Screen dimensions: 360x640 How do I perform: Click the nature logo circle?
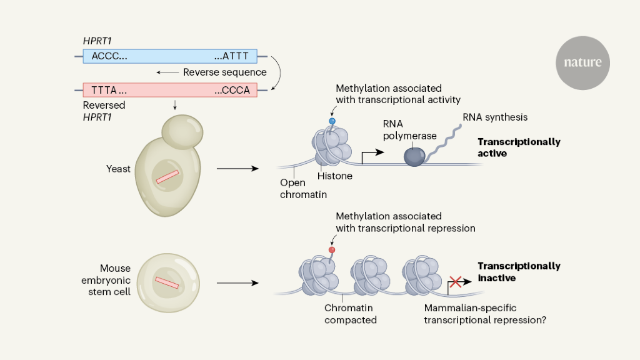[582, 62]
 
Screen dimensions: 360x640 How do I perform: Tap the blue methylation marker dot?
[332, 121]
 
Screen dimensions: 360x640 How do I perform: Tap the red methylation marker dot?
[332, 249]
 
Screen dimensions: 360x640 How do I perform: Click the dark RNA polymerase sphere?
[414, 156]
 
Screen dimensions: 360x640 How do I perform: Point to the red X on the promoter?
[456, 282]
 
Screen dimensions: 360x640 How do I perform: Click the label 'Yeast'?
[119, 169]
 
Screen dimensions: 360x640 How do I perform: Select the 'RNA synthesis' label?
[495, 117]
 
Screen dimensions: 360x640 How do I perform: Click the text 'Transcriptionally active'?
[519, 147]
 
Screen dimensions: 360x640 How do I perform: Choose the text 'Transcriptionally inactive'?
[519, 272]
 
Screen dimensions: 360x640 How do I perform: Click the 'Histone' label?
[335, 176]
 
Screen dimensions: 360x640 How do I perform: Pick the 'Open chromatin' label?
[293, 189]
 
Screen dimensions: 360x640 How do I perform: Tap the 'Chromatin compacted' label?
[350, 314]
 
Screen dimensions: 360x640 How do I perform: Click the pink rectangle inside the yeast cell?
[167, 177]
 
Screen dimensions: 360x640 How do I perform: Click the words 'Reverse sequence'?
[224, 72]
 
